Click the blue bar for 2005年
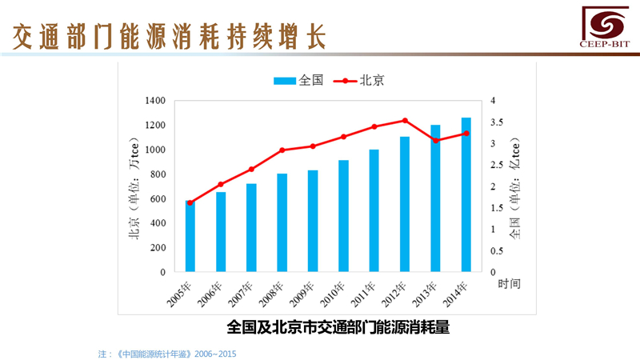(x=190, y=237)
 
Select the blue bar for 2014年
(x=466, y=195)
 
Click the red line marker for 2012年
(x=405, y=121)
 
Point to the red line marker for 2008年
(x=282, y=150)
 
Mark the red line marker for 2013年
(x=435, y=141)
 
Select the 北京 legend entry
(x=358, y=80)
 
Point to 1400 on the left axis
(x=155, y=101)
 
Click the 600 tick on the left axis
(x=158, y=199)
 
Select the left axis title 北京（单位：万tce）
(x=134, y=187)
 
